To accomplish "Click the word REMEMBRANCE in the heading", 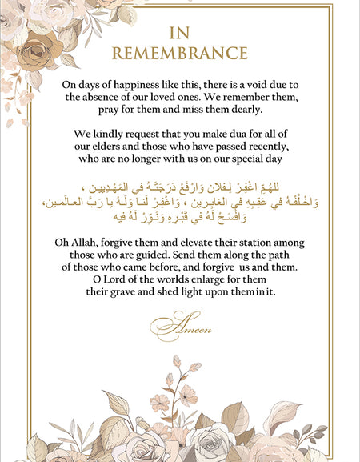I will point(180,54).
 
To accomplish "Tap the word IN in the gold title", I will point(180,33).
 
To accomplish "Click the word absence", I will point(103,97).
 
